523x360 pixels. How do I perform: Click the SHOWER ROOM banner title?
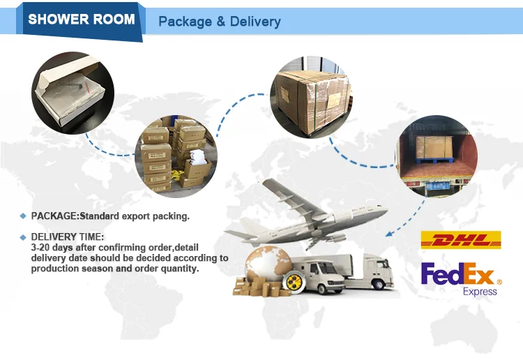point(82,19)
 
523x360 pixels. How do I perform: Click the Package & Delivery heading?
point(219,22)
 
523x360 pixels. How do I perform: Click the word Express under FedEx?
point(480,291)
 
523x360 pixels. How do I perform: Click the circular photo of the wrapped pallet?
point(311,97)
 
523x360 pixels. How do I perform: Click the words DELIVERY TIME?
point(67,237)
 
